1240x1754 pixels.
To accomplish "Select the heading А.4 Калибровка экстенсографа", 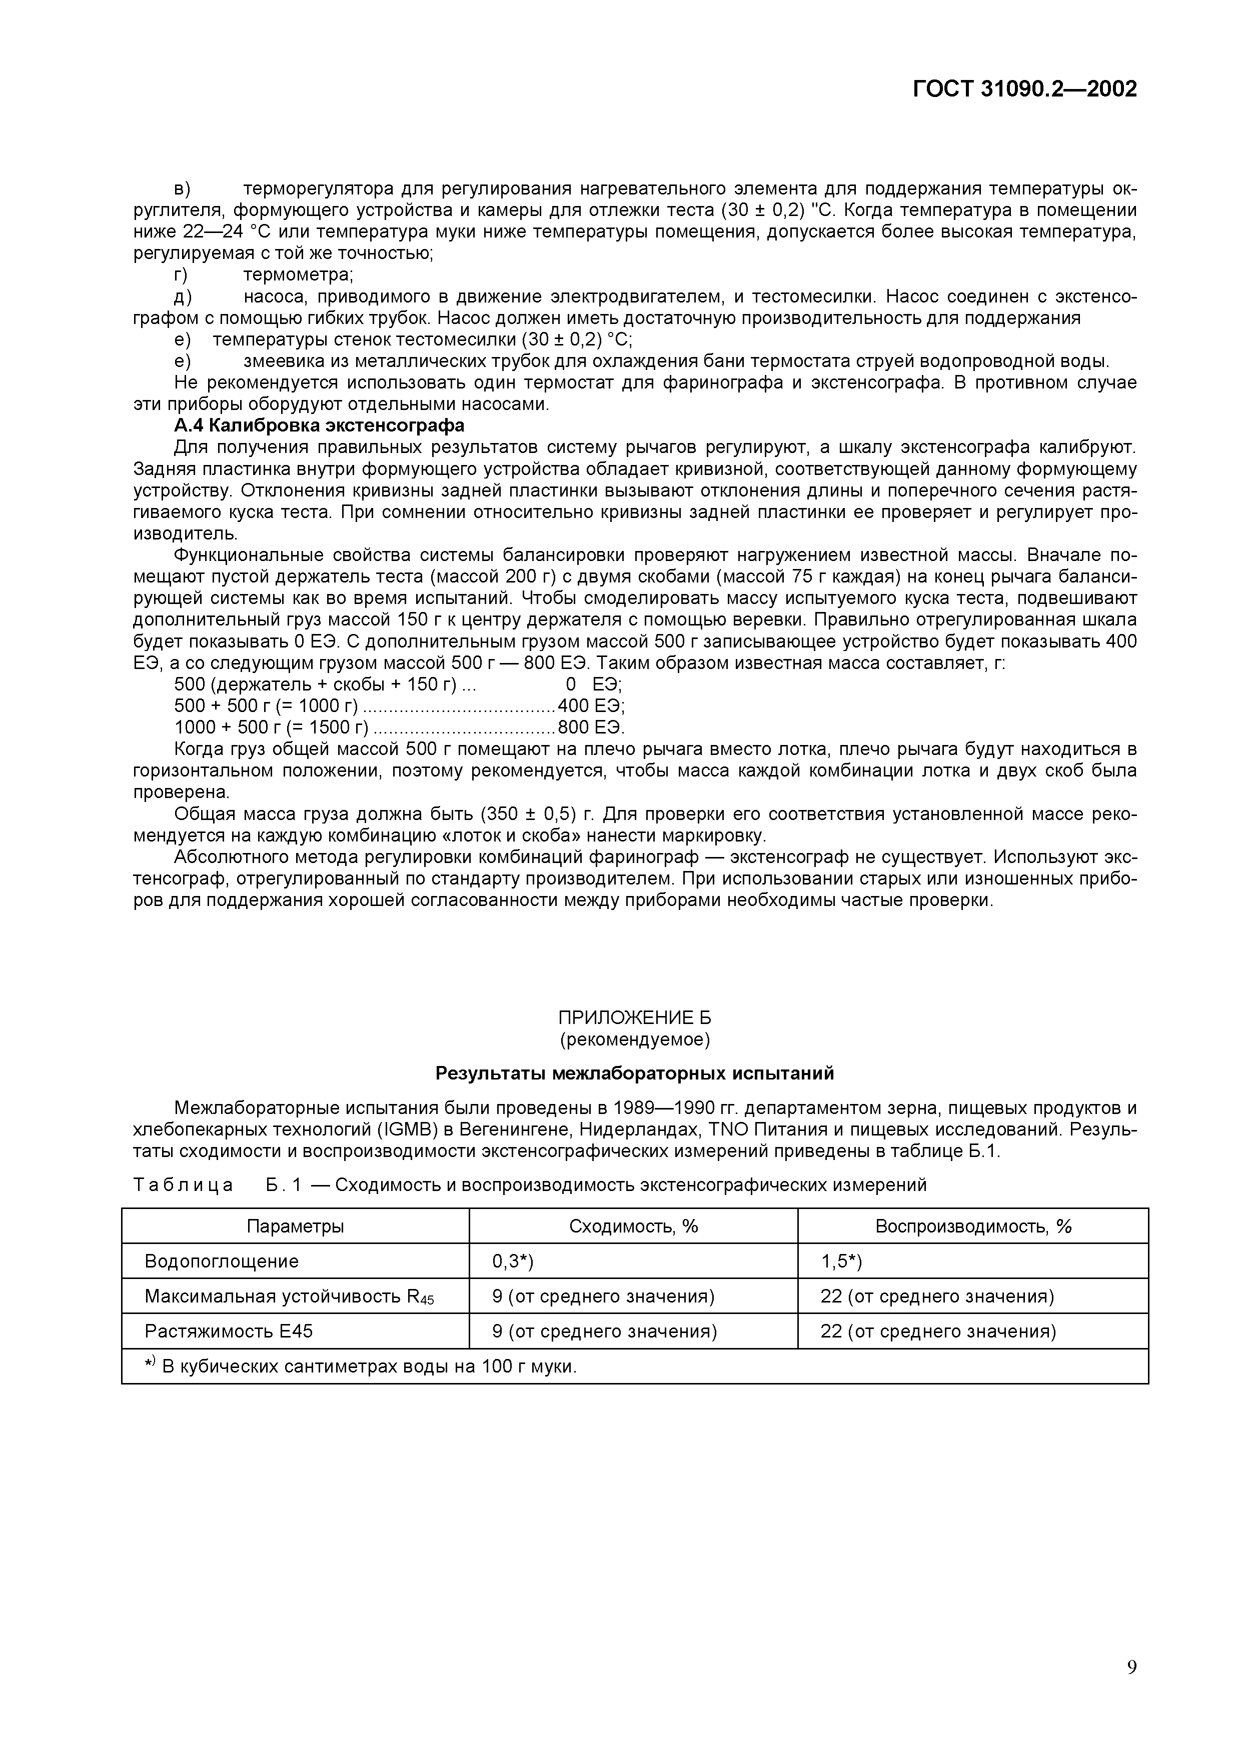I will pos(319,424).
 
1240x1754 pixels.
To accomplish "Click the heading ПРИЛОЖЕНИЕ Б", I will pos(634,1017).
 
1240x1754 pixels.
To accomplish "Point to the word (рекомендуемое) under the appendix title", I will pos(634,1039).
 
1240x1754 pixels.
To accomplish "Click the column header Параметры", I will pos(295,1226).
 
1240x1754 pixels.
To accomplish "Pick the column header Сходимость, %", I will pos(633,1226).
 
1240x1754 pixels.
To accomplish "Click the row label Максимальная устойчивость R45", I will pos(289,1296).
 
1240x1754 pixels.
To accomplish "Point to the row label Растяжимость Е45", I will pos(229,1331).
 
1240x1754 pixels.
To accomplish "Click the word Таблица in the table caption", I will pos(184,1185).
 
